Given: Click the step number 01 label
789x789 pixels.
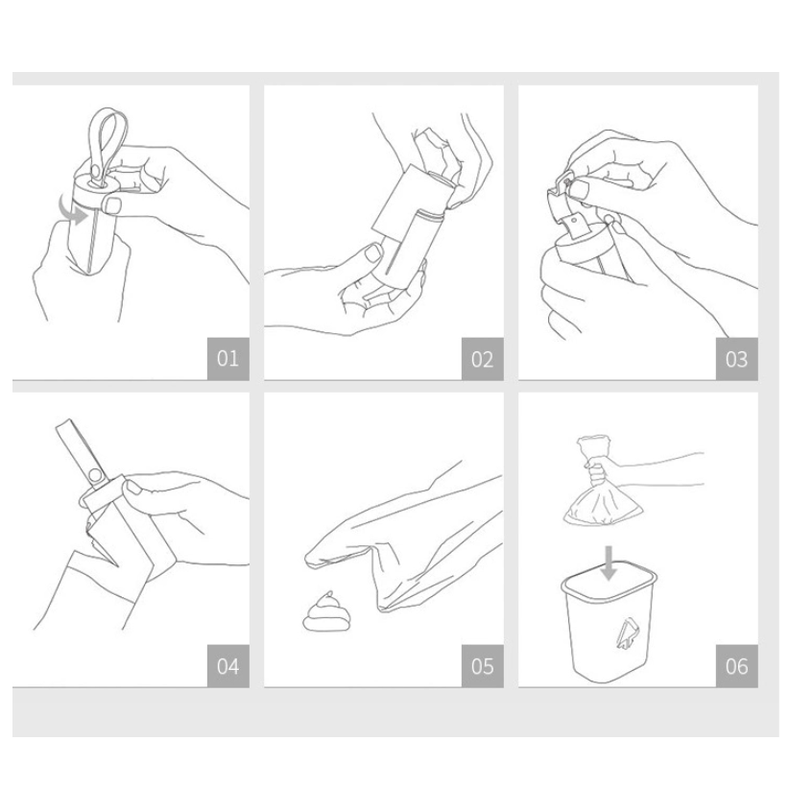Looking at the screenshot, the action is tap(227, 358).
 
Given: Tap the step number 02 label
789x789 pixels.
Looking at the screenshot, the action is tap(482, 359).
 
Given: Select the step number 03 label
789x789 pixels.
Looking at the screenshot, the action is tap(736, 359).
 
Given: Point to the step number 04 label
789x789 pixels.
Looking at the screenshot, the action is tap(227, 666).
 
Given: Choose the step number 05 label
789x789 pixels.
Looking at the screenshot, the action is tap(482, 666).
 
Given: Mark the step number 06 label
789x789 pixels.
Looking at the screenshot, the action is tap(736, 666).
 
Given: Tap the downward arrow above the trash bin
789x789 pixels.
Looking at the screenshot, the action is tap(609, 563).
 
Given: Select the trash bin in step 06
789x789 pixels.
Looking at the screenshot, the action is tap(609, 623).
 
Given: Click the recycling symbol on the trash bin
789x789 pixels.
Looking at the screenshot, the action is tap(628, 635).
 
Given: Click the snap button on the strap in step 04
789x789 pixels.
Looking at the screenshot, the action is tap(95, 474).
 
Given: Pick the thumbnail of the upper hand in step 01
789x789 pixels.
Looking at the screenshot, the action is tap(111, 205).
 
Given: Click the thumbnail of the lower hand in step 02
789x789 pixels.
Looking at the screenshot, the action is tap(373, 252).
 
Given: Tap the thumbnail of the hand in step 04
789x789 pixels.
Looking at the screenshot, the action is tap(133, 487).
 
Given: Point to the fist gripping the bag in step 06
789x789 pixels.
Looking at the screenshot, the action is tap(597, 471).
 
